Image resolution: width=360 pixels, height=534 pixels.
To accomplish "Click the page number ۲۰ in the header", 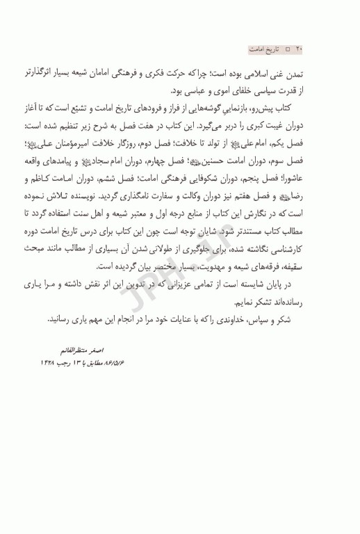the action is (300, 51).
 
